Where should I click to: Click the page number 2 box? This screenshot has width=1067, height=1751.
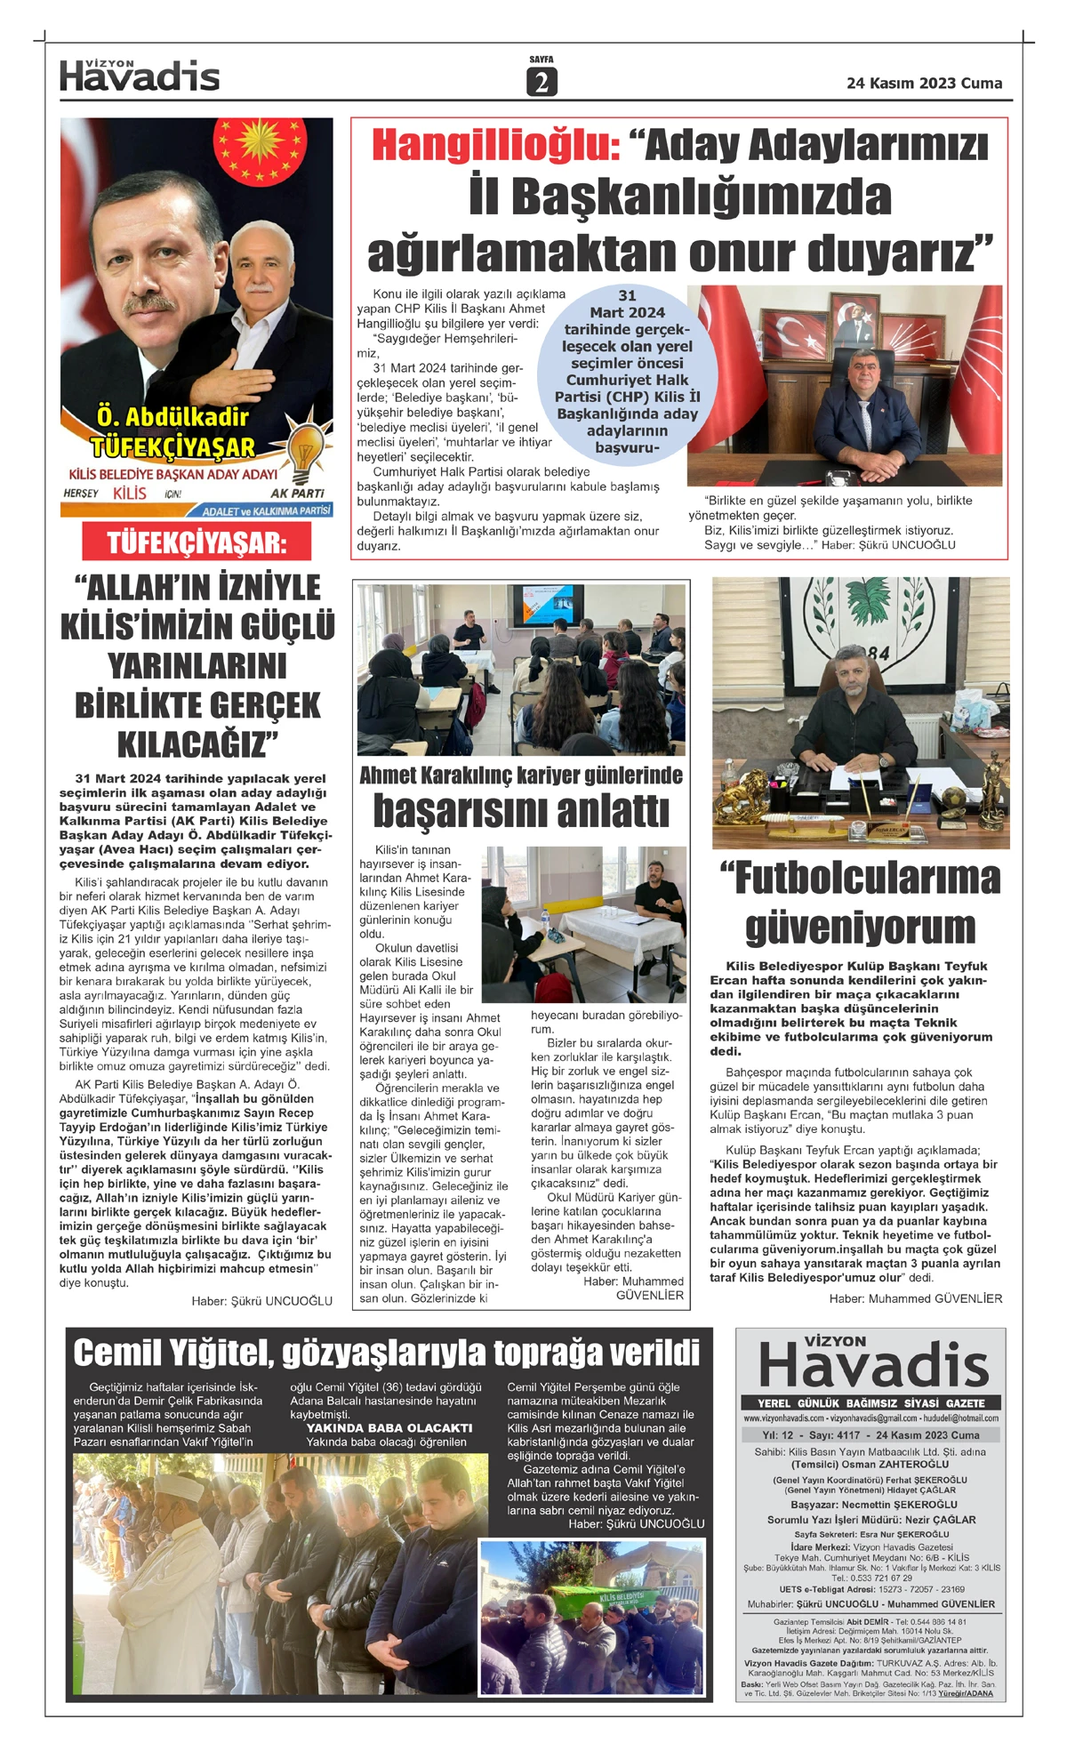pyautogui.click(x=541, y=82)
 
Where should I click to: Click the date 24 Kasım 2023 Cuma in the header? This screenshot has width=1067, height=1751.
pyautogui.click(x=924, y=83)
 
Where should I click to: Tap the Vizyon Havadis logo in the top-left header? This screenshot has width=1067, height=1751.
pyautogui.click(x=140, y=76)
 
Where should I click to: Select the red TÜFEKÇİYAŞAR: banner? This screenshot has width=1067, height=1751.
pyautogui.click(x=197, y=542)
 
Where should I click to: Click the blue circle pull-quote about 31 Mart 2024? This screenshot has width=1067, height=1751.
pyautogui.click(x=627, y=371)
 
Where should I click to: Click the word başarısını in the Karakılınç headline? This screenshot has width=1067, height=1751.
pyautogui.click(x=520, y=811)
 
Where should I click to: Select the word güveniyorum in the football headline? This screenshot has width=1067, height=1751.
pyautogui.click(x=860, y=927)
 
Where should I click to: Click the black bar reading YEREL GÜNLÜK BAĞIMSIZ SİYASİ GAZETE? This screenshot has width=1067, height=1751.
pyautogui.click(x=870, y=1402)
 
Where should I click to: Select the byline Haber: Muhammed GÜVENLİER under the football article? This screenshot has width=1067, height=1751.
pyautogui.click(x=915, y=1298)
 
